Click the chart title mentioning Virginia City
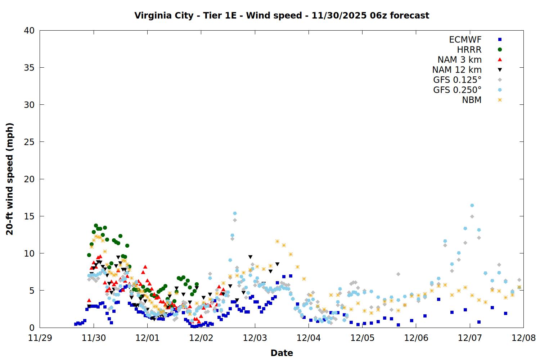click(282, 15)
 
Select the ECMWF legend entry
click(465, 40)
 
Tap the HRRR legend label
click(469, 50)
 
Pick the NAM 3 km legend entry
click(459, 60)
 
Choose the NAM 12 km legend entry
click(457, 70)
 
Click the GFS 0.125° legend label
click(457, 80)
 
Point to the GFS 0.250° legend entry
click(457, 90)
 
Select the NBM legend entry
click(472, 100)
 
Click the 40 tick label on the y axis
click(29, 31)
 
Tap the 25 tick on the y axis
click(29, 142)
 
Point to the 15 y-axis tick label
click(29, 216)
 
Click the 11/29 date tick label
click(40, 338)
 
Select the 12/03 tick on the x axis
click(255, 338)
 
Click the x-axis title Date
click(282, 353)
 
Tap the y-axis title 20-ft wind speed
click(10, 179)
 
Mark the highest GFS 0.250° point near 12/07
click(472, 205)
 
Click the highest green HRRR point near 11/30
click(96, 225)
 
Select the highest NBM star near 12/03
click(277, 241)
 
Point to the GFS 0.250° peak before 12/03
click(235, 213)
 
